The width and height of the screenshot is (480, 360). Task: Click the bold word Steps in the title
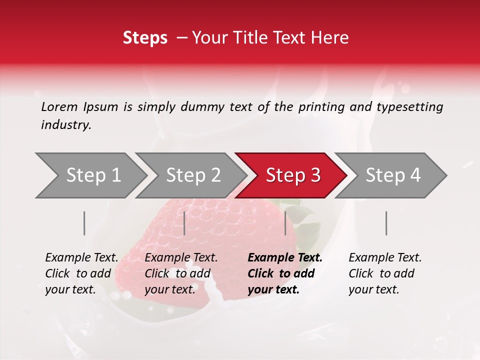145,37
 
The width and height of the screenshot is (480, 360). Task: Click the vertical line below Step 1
84,223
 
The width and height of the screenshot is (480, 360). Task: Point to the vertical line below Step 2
184,223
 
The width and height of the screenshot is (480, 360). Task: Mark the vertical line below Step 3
285,223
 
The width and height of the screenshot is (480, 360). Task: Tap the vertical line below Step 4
386,223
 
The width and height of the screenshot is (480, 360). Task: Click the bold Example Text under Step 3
285,273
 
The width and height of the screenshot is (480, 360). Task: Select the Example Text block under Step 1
81,273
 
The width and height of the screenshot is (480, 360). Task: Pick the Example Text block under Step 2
181,273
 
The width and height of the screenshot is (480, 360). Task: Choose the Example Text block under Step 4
385,273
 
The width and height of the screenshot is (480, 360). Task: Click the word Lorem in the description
59,106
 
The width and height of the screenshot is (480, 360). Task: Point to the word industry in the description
66,125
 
